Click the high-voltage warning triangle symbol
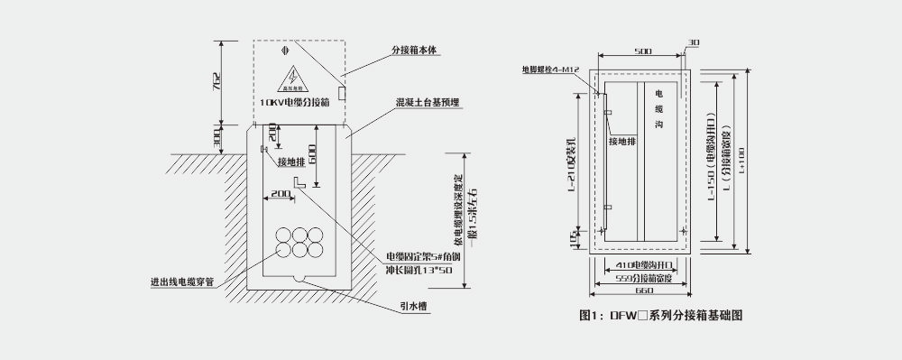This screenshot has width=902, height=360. (x=295, y=78)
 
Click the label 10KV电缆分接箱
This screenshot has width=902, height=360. (x=293, y=104)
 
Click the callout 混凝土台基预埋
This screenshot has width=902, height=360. (x=427, y=103)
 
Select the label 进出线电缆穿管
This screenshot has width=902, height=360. (x=181, y=281)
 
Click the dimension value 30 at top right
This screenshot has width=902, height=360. (x=694, y=42)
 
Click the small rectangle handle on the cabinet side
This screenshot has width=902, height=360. (x=341, y=92)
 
